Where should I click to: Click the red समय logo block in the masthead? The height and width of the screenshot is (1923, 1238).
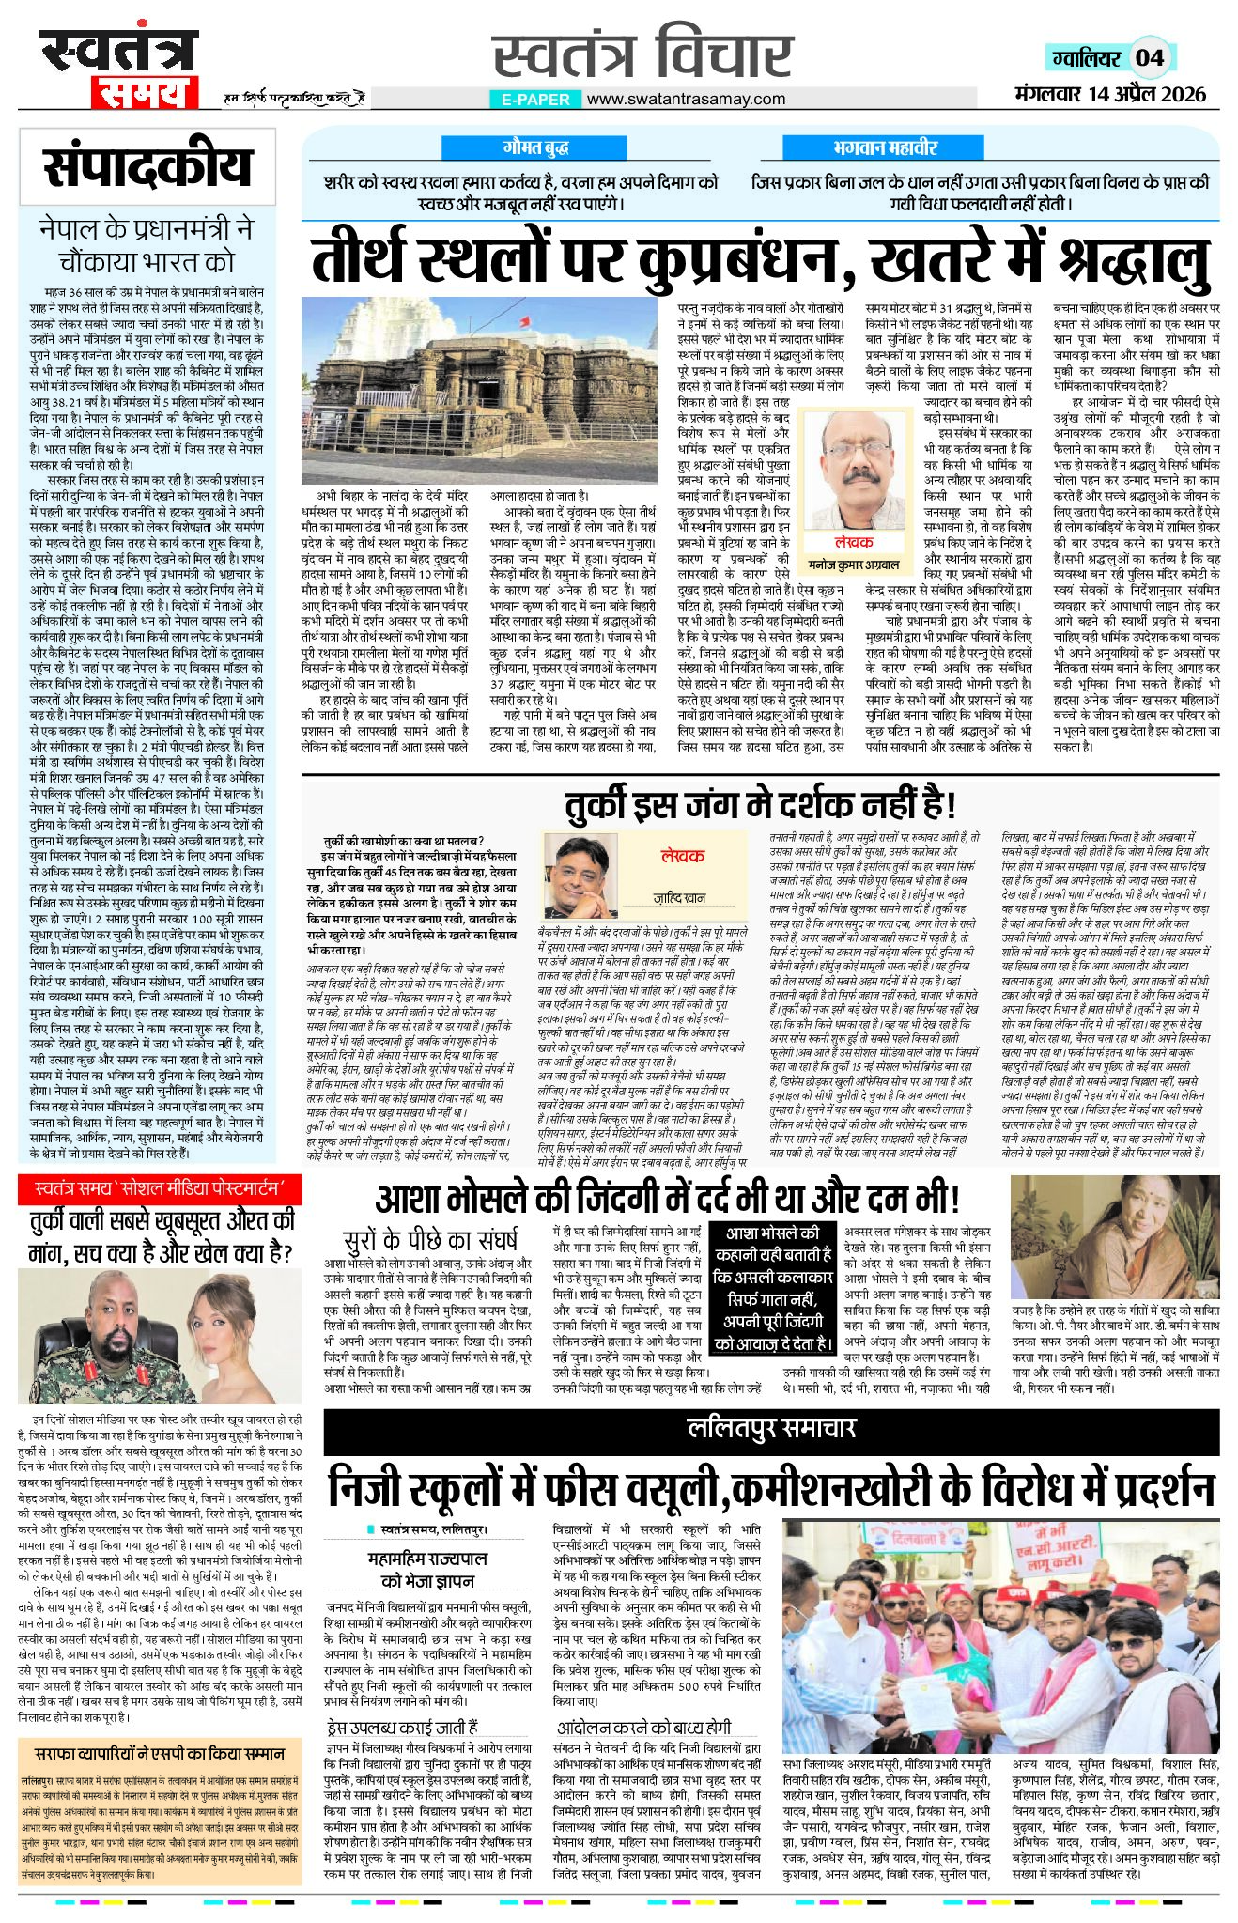coord(145,93)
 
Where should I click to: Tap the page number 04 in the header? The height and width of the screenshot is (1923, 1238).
coord(1150,58)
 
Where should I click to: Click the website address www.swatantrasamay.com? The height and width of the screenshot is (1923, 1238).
coord(686,99)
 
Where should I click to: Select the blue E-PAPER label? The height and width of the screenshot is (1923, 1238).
coord(533,99)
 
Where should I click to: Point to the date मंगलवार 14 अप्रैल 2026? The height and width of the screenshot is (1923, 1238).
coord(1110,94)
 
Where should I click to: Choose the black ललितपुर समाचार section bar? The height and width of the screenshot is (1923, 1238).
coord(770,1429)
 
